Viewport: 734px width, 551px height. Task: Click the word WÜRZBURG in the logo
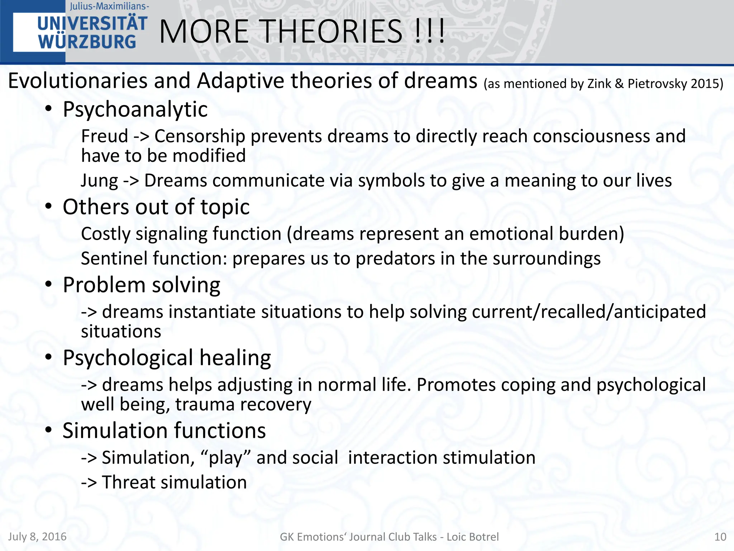tap(87, 42)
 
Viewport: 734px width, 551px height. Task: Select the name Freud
tap(104, 136)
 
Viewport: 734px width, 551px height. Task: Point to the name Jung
tap(99, 180)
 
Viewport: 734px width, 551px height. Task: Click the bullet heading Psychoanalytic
tap(135, 109)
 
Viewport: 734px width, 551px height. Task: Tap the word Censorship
tap(199, 136)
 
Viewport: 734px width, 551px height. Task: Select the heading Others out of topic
tap(156, 207)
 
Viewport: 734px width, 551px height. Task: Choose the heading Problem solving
tap(141, 285)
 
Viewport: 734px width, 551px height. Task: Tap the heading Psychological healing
tap(167, 358)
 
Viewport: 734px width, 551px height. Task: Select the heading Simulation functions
tap(164, 430)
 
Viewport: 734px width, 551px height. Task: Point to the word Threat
tap(130, 482)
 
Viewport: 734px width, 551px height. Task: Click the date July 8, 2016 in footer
tap(37, 537)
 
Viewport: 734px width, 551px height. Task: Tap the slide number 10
tap(720, 537)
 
